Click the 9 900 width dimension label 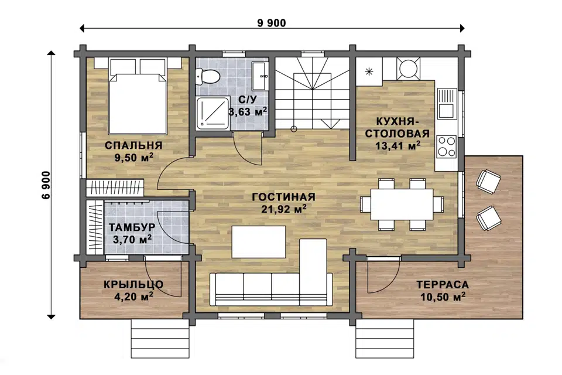tap(272, 23)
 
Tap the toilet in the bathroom tap(207, 77)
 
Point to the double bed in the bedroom tap(138, 97)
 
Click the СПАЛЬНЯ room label tap(133, 145)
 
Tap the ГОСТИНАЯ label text tap(283, 197)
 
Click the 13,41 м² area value tap(397, 145)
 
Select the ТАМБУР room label tap(132, 227)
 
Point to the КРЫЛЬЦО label tap(133, 285)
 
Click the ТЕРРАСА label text tap(443, 285)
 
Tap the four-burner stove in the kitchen tap(446, 146)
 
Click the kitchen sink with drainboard tap(447, 104)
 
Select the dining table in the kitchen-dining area tap(402, 204)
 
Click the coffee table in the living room tap(259, 241)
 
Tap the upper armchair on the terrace tap(488, 181)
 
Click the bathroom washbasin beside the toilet tap(260, 76)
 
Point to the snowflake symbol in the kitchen tap(369, 71)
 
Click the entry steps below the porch tap(159, 337)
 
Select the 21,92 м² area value tap(283, 209)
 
